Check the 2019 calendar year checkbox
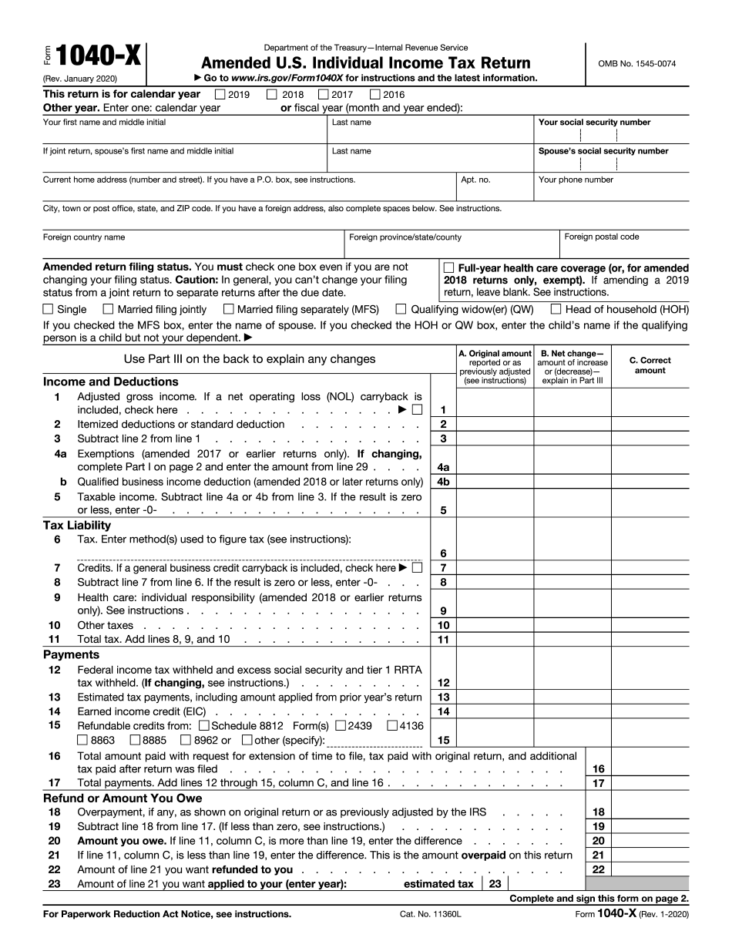pos(220,95)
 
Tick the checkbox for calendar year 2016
pos(375,95)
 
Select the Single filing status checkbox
pos(49,309)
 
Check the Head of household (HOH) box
pos(556,309)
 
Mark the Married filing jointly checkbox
pos(109,309)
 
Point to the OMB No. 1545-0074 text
pos(636,64)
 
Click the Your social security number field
pos(611,136)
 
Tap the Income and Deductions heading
pos(110,382)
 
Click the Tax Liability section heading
pos(77,525)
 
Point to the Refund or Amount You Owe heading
pos(123,798)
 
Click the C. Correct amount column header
pos(650,365)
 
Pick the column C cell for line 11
pos(650,640)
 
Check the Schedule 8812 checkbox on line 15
pos(203,725)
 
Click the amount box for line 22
pos(650,869)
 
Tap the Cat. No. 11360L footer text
pos(419,914)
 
